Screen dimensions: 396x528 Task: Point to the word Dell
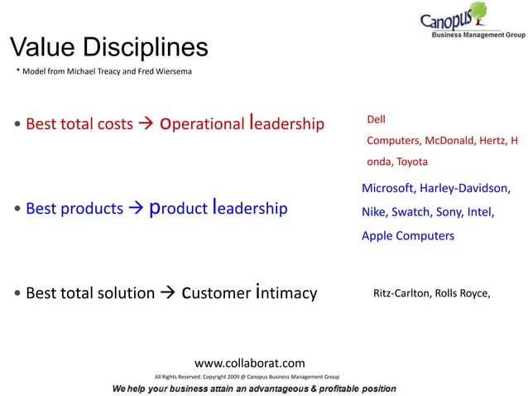pos(377,121)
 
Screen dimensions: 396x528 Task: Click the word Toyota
pos(412,161)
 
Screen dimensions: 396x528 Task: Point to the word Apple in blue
pos(379,235)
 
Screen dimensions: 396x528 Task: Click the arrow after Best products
pos(135,209)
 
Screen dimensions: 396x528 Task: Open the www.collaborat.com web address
pos(249,363)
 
